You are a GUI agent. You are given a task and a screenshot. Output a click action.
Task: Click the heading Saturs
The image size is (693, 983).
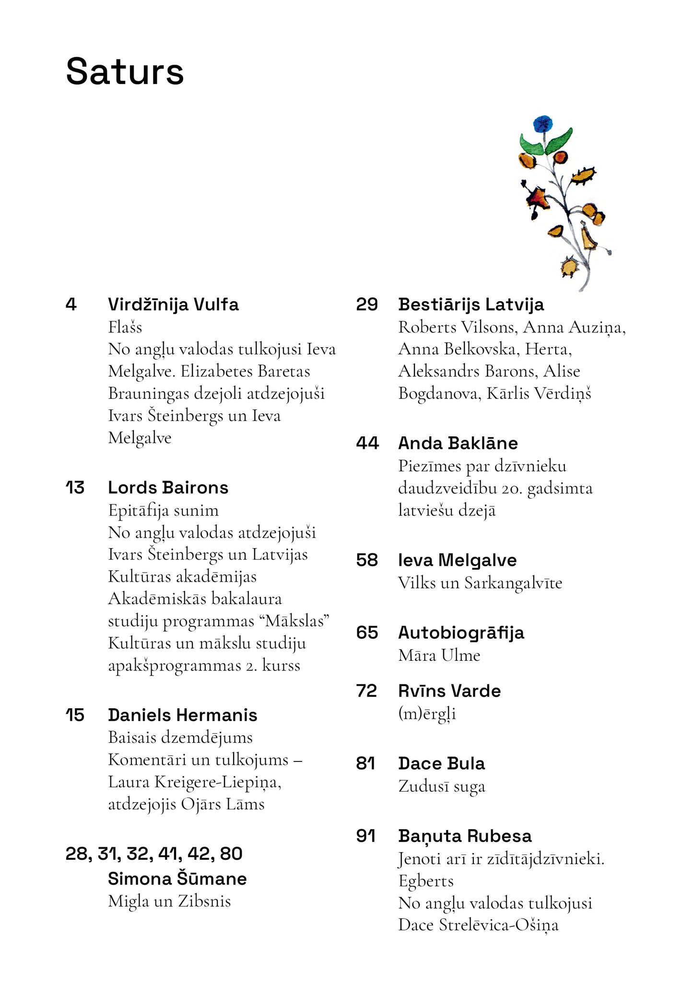(x=125, y=72)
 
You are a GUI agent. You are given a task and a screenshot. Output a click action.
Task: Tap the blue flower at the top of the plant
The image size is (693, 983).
(x=542, y=124)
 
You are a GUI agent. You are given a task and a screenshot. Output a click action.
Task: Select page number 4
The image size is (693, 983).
(x=71, y=304)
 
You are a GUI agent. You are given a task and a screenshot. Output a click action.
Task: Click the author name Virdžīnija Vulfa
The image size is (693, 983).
(x=173, y=304)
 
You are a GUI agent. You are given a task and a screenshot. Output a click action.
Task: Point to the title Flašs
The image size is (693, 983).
(x=125, y=327)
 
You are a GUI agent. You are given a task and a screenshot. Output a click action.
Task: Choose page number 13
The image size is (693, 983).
(x=75, y=488)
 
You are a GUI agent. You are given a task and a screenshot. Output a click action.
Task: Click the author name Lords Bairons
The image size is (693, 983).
(x=168, y=488)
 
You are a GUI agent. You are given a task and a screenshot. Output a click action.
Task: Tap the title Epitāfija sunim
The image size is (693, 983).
(x=163, y=510)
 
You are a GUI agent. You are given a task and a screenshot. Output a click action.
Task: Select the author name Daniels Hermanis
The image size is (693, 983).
(x=182, y=715)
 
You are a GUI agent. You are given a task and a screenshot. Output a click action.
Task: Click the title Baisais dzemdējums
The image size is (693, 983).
(x=180, y=737)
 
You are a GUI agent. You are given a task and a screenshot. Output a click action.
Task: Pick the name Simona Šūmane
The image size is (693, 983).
(x=177, y=878)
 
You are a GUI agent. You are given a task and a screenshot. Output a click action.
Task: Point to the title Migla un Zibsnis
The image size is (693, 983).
(x=169, y=901)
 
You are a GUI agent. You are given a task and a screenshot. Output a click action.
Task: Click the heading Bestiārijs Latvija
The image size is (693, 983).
(x=471, y=304)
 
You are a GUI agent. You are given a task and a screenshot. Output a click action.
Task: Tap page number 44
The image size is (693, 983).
(x=367, y=443)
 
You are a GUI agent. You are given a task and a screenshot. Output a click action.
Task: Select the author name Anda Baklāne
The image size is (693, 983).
(x=458, y=443)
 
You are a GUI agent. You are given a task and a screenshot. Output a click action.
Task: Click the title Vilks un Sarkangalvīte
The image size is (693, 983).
(x=480, y=583)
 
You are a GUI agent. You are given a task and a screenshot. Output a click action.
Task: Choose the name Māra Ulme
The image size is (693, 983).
(x=439, y=655)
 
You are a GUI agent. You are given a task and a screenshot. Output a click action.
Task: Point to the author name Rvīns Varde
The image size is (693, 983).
(x=449, y=691)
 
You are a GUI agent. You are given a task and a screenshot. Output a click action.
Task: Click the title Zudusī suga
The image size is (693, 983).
(x=442, y=786)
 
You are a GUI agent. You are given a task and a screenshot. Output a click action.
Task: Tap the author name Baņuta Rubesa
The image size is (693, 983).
(x=465, y=836)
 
